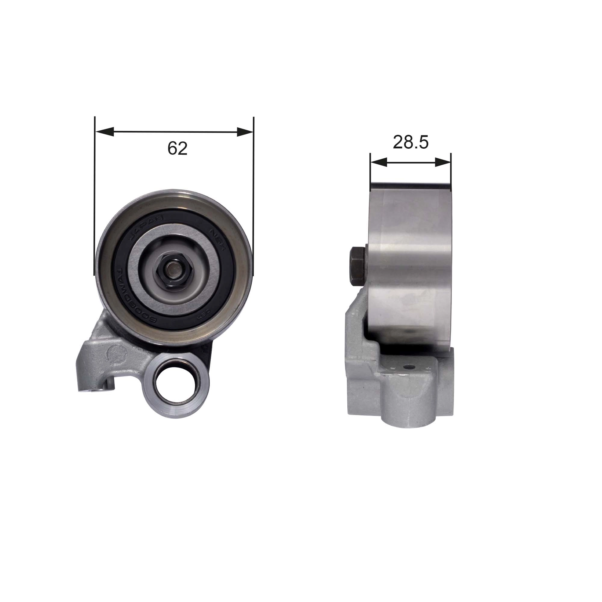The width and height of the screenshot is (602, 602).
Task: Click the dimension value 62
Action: pyautogui.click(x=177, y=148)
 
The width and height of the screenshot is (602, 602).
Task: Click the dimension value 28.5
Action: pyautogui.click(x=410, y=142)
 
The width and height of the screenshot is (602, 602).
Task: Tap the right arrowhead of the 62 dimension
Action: pyautogui.click(x=245, y=132)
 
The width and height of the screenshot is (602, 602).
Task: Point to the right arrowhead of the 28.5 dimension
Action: pyautogui.click(x=443, y=162)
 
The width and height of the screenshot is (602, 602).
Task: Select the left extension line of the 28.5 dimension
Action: pyautogui.click(x=370, y=171)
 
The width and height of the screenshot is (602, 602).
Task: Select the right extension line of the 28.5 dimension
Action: pyautogui.click(x=451, y=171)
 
